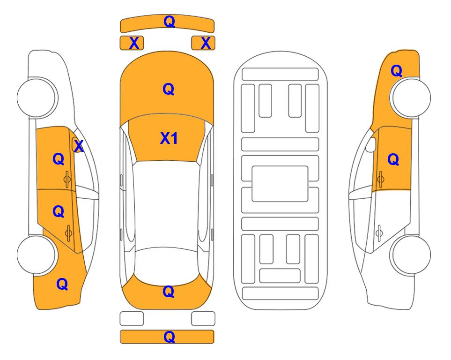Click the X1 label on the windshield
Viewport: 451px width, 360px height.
coord(169,138)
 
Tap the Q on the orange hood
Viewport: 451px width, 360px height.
coord(169,89)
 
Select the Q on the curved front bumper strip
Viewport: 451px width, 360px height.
coord(170,22)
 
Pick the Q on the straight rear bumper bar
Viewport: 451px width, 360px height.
coord(170,337)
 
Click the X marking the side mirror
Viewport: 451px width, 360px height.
coord(79,146)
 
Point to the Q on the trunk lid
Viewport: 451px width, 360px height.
coord(169,292)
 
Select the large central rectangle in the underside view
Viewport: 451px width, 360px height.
coord(280,184)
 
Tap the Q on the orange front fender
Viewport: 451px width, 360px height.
coord(396,71)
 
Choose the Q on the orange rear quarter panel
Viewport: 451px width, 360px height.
coord(62,285)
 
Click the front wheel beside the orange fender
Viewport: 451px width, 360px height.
coord(410,97)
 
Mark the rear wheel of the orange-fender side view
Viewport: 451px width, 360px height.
coord(410,255)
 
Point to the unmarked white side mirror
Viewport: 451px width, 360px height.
coord(371,144)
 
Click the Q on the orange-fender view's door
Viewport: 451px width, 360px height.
coord(393,159)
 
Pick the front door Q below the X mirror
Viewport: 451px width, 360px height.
coord(59,159)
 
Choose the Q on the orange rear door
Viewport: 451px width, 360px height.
coord(59,212)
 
